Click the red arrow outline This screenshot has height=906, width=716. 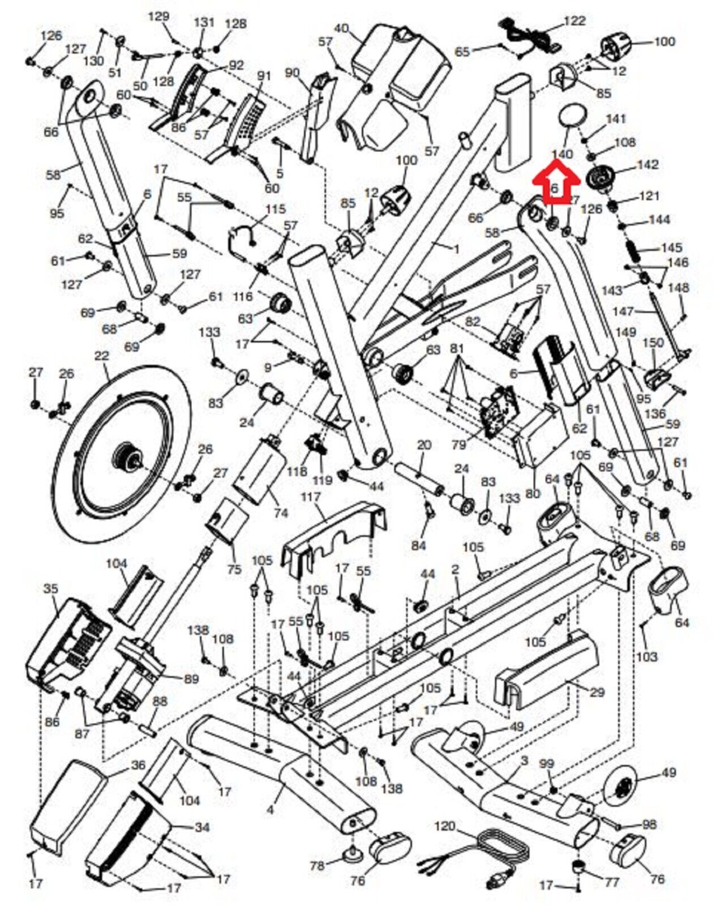point(555,182)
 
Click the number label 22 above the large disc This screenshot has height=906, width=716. point(101,356)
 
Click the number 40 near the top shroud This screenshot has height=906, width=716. point(341,28)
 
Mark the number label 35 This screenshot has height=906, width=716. point(50,589)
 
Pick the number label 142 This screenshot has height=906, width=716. point(648,164)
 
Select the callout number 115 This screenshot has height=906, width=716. point(276,210)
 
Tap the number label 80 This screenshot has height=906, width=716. point(532,494)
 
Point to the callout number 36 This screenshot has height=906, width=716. point(138,765)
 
